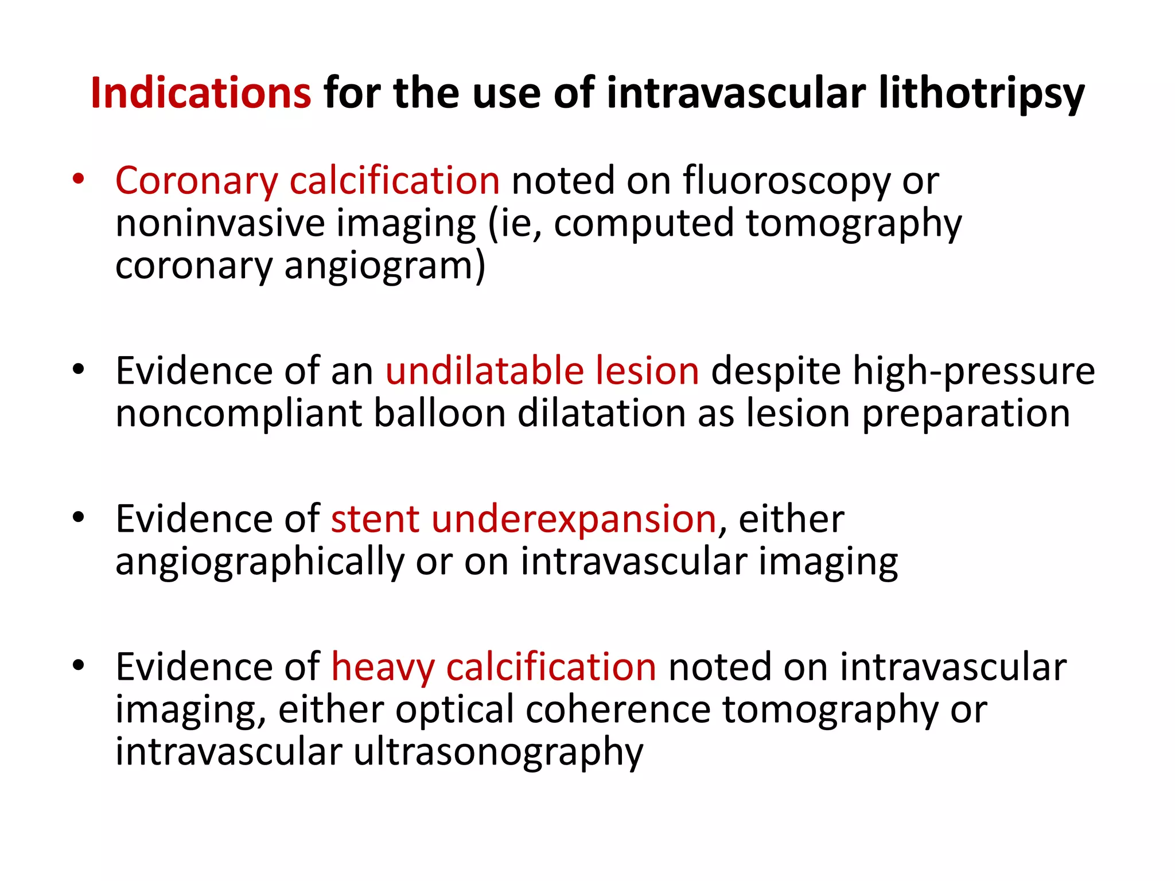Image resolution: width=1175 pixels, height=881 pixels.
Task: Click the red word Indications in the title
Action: point(201,93)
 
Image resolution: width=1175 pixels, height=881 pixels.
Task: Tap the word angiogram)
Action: point(385,267)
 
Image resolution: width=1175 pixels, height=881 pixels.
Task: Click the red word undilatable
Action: point(484,371)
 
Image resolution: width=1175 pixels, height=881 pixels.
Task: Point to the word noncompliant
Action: point(238,414)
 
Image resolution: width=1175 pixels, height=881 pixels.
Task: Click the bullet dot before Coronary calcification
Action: point(79,179)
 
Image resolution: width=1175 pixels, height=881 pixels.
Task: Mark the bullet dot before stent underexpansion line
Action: point(79,517)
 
